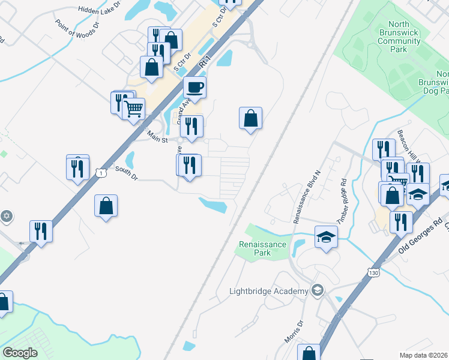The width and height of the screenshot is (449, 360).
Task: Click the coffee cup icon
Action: [194, 88]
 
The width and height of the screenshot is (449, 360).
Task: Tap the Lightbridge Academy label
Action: [268, 292]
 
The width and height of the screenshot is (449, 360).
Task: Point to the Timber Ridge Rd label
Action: [342, 201]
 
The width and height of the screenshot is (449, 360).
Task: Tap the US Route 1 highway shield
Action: [101, 173]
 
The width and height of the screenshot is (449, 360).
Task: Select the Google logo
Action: [20, 353]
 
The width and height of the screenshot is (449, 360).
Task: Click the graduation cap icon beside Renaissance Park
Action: [327, 236]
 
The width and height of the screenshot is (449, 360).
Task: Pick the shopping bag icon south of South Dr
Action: [106, 206]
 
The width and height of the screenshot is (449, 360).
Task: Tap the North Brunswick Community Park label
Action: [399, 37]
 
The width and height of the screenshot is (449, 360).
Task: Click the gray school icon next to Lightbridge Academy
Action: [318, 291]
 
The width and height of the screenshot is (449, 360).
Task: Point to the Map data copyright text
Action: [424, 355]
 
